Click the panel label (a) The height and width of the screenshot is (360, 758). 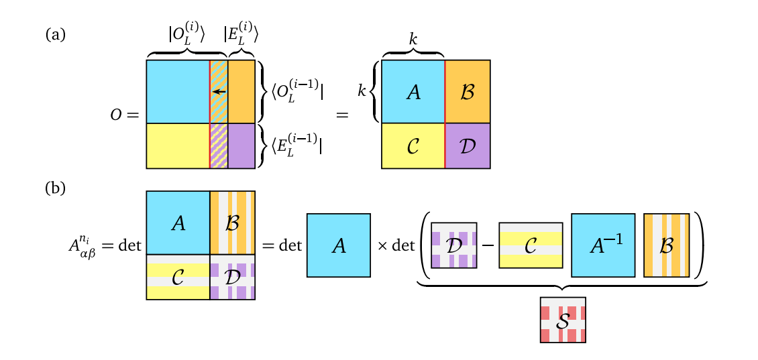point(55,35)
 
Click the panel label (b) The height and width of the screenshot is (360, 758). point(55,188)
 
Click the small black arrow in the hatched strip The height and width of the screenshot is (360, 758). point(219,92)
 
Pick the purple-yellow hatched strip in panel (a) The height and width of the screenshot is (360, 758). point(219,145)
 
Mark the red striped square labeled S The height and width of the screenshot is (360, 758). point(563,320)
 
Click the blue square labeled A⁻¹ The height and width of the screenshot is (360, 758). point(603,245)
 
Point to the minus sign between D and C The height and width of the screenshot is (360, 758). point(488,245)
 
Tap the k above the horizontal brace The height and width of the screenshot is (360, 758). point(413,40)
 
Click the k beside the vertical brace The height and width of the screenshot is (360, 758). point(362,92)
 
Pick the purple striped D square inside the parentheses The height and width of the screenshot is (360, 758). point(454,245)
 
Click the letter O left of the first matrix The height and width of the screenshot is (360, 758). point(116,115)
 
